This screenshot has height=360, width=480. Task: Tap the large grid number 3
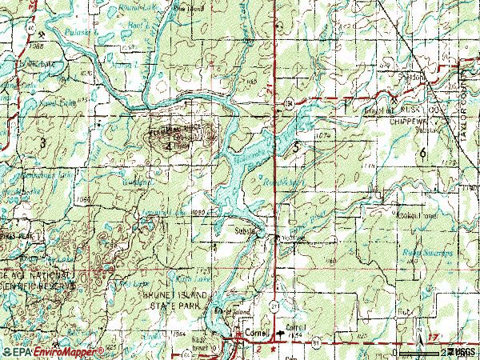click(42, 142)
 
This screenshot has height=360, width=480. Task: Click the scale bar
click(416, 352)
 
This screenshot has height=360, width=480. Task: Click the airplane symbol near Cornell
click(279, 334)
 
